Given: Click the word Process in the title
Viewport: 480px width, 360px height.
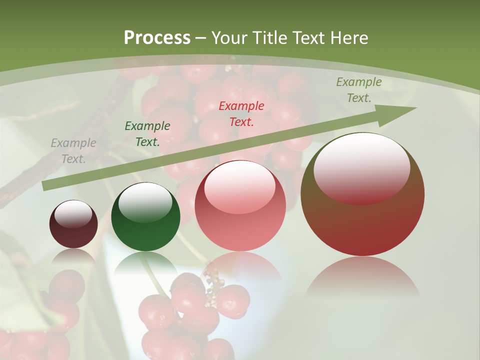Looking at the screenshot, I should click(157, 38).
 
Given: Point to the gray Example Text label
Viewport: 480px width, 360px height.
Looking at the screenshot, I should click(73, 151).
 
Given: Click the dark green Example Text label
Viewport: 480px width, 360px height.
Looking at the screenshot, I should click(147, 134).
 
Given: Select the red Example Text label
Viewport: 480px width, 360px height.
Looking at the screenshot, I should click(241, 113).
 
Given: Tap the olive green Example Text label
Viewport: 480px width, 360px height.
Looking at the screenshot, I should click(359, 90).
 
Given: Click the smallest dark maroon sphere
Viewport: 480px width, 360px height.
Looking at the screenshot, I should click(73, 231).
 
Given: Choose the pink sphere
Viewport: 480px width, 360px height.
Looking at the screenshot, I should click(240, 225).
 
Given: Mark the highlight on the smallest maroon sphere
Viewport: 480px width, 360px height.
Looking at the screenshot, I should click(73, 214).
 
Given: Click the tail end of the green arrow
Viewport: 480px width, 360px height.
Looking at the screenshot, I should click(46, 185).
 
